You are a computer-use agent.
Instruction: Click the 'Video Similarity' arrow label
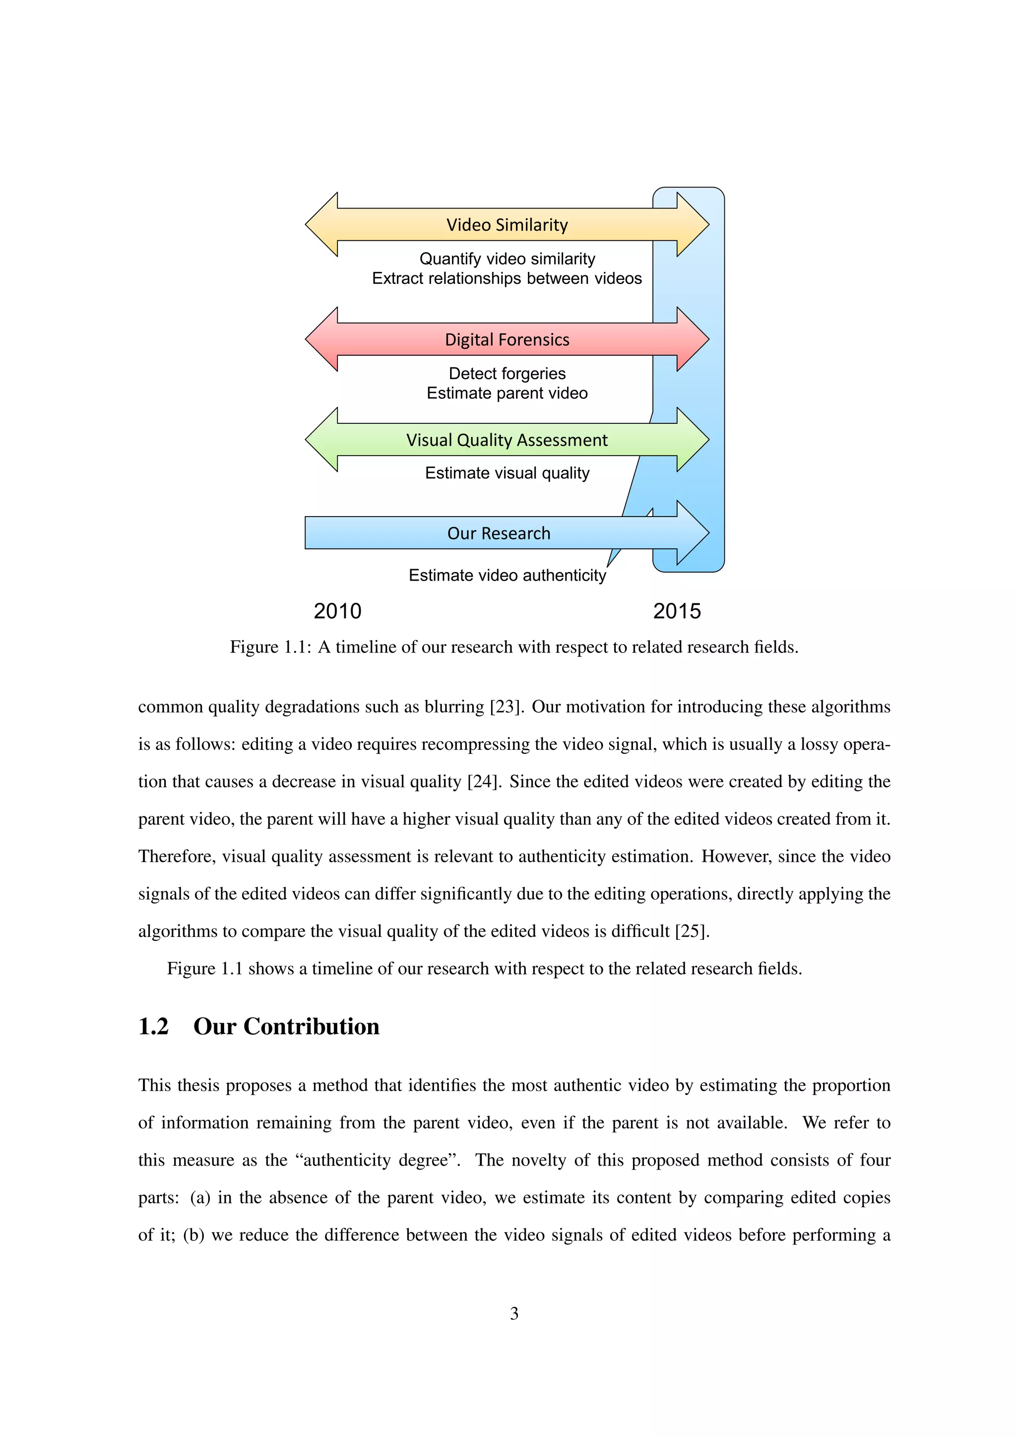click(x=507, y=225)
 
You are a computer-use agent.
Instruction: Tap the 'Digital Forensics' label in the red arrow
click(x=507, y=340)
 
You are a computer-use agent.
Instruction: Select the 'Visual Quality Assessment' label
click(x=507, y=440)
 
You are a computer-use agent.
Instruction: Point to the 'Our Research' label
click(x=499, y=533)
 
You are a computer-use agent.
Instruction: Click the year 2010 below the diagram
click(x=337, y=611)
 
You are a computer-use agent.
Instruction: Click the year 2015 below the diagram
click(x=677, y=611)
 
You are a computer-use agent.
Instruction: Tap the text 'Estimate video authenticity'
click(x=507, y=575)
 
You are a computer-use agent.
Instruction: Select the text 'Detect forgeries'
click(x=507, y=374)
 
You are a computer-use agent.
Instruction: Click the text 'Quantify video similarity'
click(x=507, y=259)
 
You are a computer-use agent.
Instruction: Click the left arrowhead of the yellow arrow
click(x=322, y=225)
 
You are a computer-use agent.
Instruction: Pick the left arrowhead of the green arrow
click(x=322, y=439)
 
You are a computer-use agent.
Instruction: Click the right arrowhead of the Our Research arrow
click(x=691, y=532)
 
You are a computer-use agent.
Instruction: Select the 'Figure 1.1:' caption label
click(x=270, y=647)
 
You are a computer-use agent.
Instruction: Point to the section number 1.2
click(x=153, y=1027)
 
